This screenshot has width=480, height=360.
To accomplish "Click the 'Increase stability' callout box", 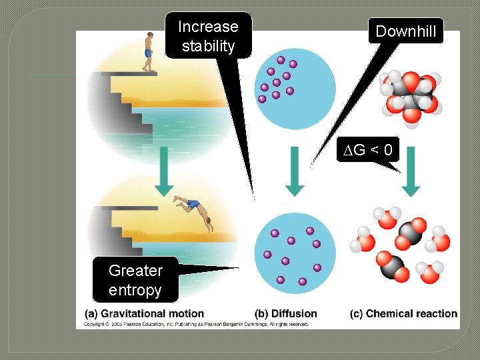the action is [x=208, y=36].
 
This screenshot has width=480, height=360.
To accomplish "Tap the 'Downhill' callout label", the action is [x=405, y=31].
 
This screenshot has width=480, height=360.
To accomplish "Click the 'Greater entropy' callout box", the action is [x=135, y=280].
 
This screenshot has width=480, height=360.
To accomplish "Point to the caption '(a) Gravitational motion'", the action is [x=144, y=313].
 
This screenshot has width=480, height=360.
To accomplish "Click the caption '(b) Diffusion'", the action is [x=286, y=313].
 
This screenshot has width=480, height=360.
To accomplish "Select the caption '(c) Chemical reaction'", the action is [x=403, y=313].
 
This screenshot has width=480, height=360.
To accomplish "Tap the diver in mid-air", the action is [x=193, y=211].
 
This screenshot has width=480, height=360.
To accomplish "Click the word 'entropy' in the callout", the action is [x=135, y=290].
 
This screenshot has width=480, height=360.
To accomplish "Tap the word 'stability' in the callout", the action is [x=208, y=46].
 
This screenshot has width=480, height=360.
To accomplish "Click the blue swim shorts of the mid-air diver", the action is [x=192, y=205].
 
